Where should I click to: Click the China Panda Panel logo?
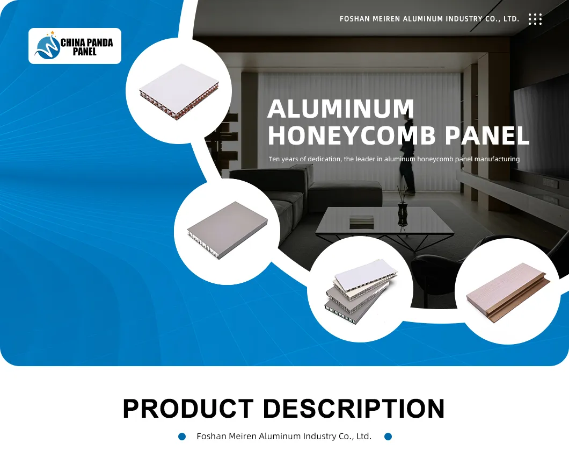click(x=75, y=46)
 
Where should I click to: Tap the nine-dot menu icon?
click(x=535, y=19)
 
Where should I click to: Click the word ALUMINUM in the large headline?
click(x=340, y=109)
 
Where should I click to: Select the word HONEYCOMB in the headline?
click(x=352, y=135)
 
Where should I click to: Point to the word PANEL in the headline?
click(x=487, y=135)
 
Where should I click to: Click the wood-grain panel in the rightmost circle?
click(x=508, y=299)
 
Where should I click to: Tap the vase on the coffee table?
click(x=402, y=207)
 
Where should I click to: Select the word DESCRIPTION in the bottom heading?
click(x=354, y=409)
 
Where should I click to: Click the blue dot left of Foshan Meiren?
click(x=182, y=437)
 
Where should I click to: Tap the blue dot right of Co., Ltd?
click(x=388, y=437)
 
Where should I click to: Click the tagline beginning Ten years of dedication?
click(x=394, y=159)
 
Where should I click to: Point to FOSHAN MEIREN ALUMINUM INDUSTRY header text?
click(x=429, y=19)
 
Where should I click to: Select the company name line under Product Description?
click(x=284, y=437)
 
